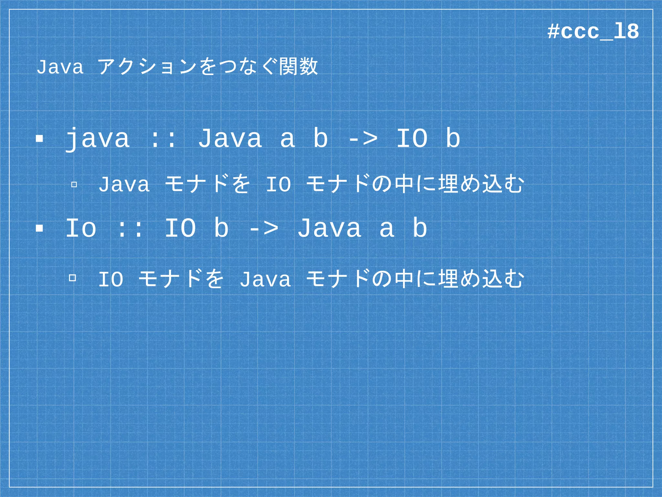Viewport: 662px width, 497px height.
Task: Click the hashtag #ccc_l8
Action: coord(593,32)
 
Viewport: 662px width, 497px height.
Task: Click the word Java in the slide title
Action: coord(60,67)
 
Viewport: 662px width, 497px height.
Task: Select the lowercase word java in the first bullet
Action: coord(97,139)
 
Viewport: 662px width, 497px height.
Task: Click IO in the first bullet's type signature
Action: coord(412,138)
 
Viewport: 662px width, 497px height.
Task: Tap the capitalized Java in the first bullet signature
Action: coord(230,138)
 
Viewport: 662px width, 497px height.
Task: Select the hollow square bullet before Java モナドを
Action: coord(74,185)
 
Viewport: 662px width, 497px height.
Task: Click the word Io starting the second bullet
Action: coord(81,228)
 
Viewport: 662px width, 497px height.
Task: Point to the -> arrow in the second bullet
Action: coord(263,228)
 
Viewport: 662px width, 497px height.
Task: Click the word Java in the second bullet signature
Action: coord(329,228)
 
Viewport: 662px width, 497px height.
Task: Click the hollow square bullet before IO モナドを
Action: coord(73,278)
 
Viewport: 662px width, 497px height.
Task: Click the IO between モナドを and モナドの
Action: coord(278,185)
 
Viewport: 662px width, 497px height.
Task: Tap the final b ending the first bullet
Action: coord(453,138)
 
